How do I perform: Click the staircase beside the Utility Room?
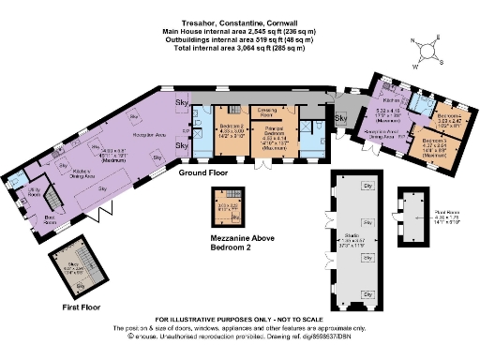click(x=54, y=199)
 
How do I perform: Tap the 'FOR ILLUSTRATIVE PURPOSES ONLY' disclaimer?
click(x=239, y=320)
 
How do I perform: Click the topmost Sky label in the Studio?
click(x=367, y=188)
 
